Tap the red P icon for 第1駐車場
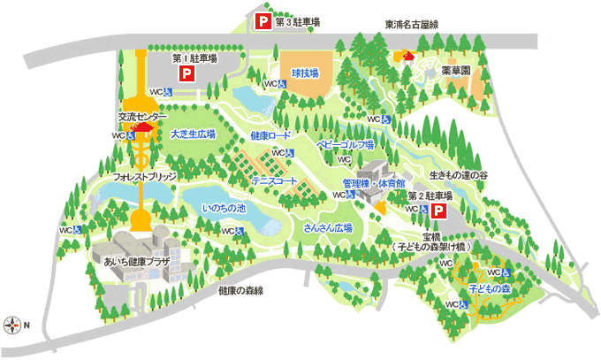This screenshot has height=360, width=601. pyautogui.click(x=186, y=75)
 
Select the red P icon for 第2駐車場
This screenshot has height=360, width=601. pyautogui.click(x=438, y=211)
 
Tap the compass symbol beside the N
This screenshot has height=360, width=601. pyautogui.click(x=11, y=325)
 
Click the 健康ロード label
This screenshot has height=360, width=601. pyautogui.click(x=270, y=136)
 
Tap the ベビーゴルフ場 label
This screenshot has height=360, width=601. pyautogui.click(x=346, y=143)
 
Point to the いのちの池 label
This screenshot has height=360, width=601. pyautogui.click(x=224, y=209)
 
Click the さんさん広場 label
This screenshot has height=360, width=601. pyautogui.click(x=328, y=227)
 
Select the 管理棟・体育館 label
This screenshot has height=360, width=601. pyautogui.click(x=374, y=182)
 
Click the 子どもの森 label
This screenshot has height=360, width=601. pyautogui.click(x=491, y=288)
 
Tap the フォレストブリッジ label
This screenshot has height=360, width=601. pyautogui.click(x=145, y=177)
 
